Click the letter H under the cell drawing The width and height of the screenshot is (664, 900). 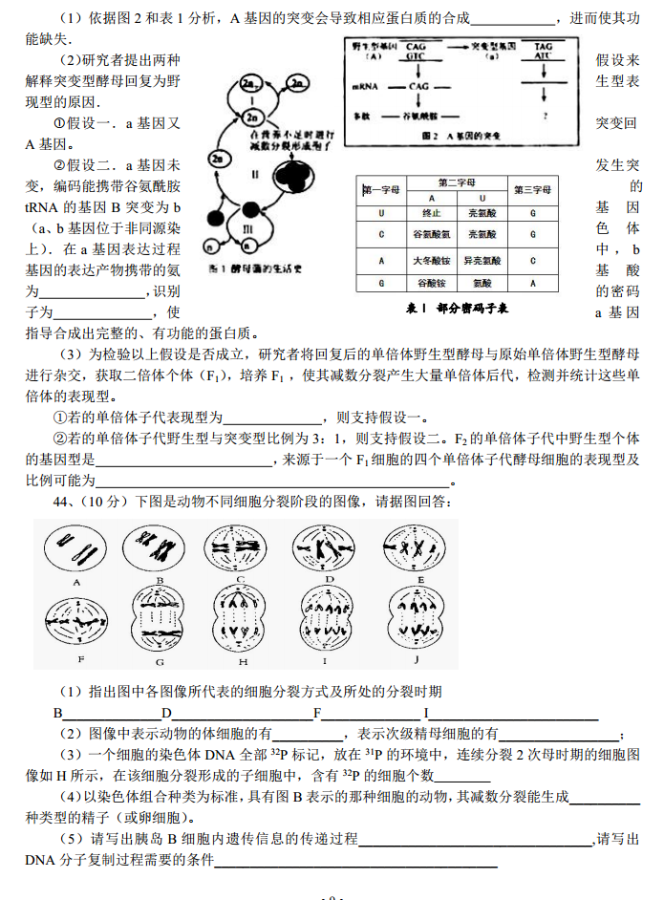point(244,661)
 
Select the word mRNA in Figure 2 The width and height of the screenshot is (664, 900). point(366,87)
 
